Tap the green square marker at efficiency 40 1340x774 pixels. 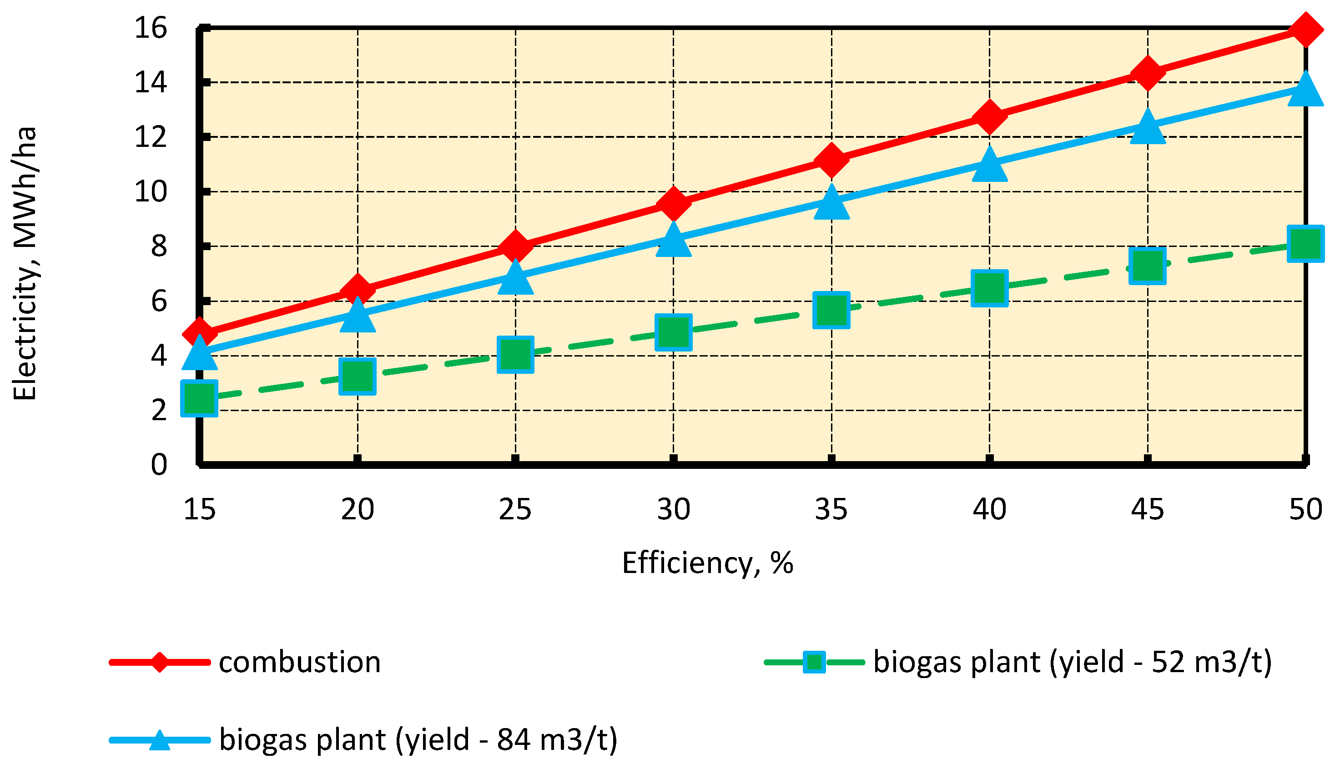tap(989, 288)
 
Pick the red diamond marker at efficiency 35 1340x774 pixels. tap(831, 160)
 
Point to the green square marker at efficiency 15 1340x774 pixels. tap(199, 398)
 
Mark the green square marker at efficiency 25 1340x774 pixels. tap(515, 354)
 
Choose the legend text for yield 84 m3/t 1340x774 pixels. tap(418, 739)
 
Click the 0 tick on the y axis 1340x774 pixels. tap(158, 465)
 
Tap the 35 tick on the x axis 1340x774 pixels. tap(831, 509)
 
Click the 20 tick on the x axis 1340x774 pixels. tap(357, 509)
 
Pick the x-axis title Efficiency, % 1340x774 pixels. tap(707, 563)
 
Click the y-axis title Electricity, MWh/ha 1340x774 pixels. tap(25, 263)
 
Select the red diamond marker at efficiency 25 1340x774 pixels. tap(515, 246)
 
